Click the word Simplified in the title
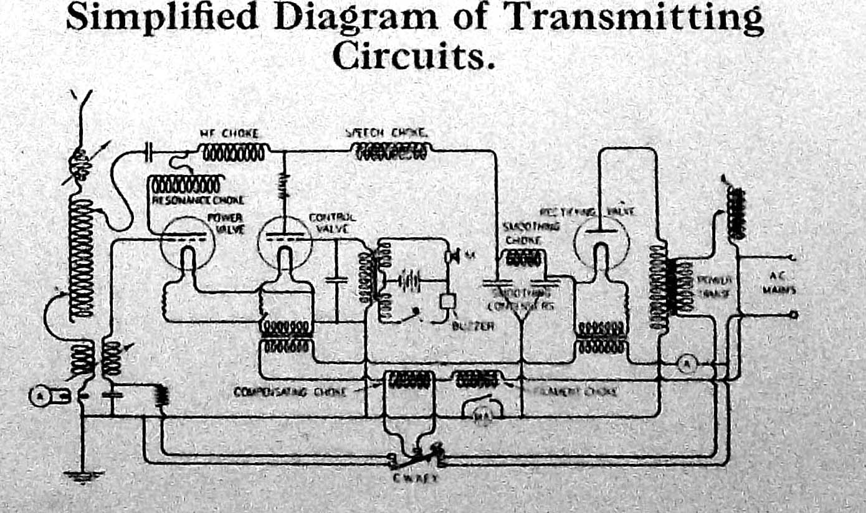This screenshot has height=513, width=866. pyautogui.click(x=162, y=17)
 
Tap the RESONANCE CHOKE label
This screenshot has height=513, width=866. pyautogui.click(x=198, y=200)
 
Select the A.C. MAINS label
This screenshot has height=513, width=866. pyautogui.click(x=773, y=283)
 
